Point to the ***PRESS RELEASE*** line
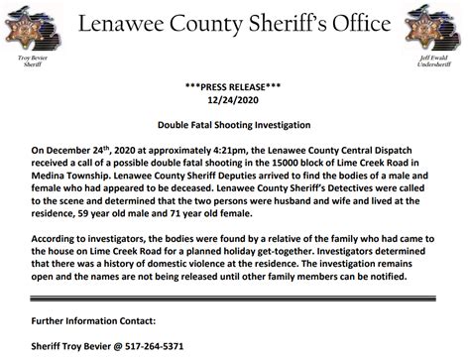235,86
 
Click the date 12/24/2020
235,100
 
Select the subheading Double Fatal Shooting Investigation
234,128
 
